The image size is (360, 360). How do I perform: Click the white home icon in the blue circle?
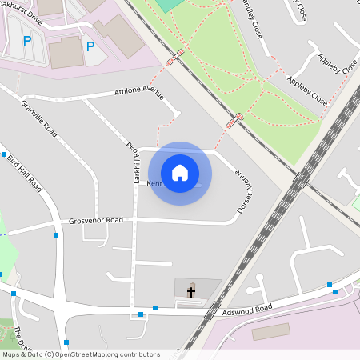pyautogui.click(x=180, y=172)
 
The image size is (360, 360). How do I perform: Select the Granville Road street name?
pyautogui.click(x=40, y=118)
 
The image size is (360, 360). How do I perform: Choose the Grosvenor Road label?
pyautogui.click(x=96, y=219)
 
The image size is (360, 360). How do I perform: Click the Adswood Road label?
pyautogui.click(x=248, y=309)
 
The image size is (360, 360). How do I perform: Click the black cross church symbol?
pyautogui.click(x=191, y=292)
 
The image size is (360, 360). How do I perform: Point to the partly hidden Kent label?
pyautogui.click(x=155, y=183)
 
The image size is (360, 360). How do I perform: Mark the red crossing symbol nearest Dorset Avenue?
pyautogui.click(x=233, y=121)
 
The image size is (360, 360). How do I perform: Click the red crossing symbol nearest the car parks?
pyautogui.click(x=174, y=58)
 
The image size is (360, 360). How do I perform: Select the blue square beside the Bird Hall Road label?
pyautogui.click(x=4, y=154)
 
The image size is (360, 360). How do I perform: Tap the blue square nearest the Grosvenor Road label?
pyautogui.click(x=56, y=235)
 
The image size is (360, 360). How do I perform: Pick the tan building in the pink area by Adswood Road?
pyautogui.click(x=271, y=331)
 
